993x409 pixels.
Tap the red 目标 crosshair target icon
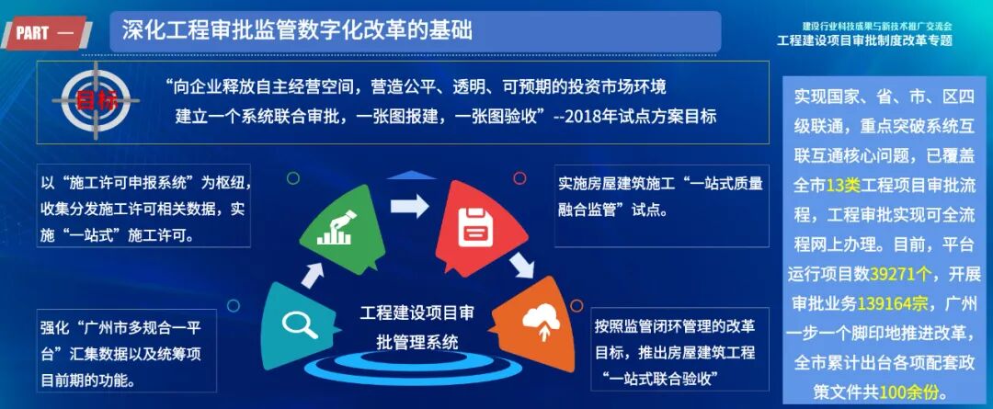(x=94, y=99)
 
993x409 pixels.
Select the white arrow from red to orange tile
(x=522, y=266)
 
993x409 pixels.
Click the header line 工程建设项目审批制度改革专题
(x=864, y=40)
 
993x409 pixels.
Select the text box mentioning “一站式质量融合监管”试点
(x=660, y=196)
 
